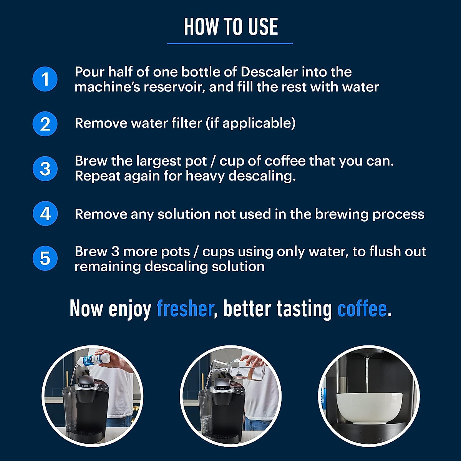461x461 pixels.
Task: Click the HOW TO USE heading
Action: pos(230,27)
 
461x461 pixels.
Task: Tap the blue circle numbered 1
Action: pos(45,79)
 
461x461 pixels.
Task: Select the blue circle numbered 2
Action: pos(45,124)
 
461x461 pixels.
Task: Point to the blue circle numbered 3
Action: pos(45,169)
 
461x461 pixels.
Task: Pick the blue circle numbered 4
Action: pos(45,214)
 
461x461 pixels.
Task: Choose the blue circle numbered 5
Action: pos(45,258)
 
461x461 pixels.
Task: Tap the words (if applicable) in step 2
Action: pos(250,123)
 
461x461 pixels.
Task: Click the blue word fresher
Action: pos(185,309)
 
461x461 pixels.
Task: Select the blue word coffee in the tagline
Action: pos(362,309)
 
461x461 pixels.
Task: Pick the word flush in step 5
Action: pos(384,251)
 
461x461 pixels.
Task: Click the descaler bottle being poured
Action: pos(94,360)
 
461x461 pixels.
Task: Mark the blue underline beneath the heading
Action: pos(230,43)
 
